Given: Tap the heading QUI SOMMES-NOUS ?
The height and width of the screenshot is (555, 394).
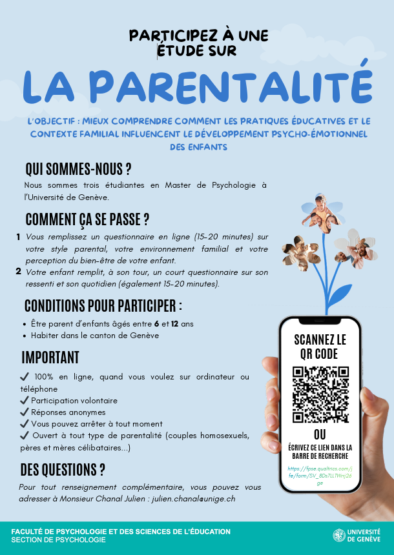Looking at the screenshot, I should pos(78,169).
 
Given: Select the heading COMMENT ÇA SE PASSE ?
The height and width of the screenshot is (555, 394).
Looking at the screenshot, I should pos(87,219).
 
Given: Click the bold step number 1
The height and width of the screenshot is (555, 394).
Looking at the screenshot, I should pos(18,237).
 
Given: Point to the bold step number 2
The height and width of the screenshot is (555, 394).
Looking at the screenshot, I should pos(18,272).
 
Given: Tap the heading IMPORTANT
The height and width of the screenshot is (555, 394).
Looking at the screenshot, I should pos(50,358).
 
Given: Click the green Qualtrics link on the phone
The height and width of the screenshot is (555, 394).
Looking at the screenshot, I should pos(320,476).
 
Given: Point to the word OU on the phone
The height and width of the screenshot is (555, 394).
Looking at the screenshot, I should pos(320,434).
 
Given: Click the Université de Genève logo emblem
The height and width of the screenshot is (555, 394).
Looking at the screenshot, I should pos(338,535).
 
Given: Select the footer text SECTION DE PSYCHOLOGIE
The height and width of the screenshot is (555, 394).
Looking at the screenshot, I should pos(58,540).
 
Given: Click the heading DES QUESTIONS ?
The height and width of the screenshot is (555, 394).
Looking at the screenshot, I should pos(63,469).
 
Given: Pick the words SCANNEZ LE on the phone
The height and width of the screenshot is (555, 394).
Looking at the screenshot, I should pos(320,339).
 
